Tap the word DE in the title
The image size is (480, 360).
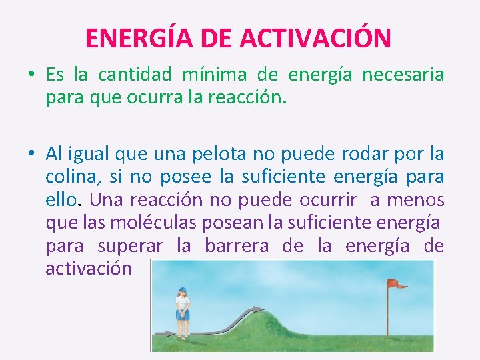pos(215,38)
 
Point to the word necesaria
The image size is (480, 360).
pos(403,75)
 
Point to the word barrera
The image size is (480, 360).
pos(237,245)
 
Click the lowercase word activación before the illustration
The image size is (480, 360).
pos(89,269)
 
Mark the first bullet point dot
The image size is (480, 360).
pos(31,75)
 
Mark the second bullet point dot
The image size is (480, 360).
pos(31,155)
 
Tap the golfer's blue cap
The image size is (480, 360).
pos(181,291)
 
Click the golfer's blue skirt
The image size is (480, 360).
pos(181,315)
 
